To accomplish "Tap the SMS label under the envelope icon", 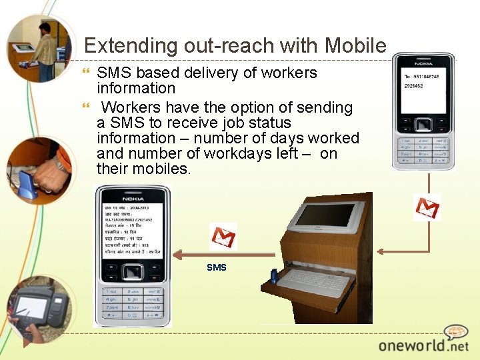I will pos(217,267).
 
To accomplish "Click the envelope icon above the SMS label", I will pos(223,237).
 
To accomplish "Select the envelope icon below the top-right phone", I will pos(427,207).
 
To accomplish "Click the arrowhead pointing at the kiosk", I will pos(380,251).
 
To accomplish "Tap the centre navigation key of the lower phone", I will pos(133,272).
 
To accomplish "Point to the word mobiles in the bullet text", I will pos(164,169).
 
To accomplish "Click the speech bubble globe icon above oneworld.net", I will pos(456,332).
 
